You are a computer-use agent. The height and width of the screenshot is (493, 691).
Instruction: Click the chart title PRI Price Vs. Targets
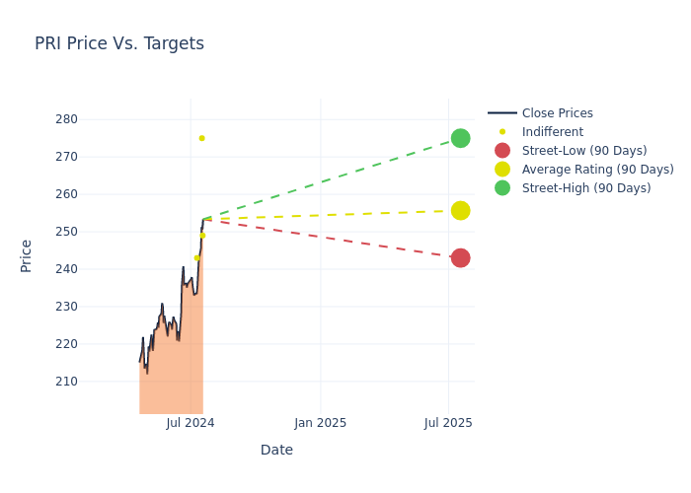click(119, 43)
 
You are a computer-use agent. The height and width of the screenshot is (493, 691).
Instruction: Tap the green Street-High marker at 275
click(460, 138)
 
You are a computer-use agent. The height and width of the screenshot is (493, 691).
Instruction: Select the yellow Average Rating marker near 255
click(460, 211)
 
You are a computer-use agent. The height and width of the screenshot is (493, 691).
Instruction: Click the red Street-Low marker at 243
click(460, 258)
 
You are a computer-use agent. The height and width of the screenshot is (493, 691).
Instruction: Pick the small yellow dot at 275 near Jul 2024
click(201, 138)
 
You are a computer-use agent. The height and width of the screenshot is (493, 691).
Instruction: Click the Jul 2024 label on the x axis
click(191, 423)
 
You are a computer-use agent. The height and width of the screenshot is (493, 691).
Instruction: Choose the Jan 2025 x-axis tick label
click(320, 423)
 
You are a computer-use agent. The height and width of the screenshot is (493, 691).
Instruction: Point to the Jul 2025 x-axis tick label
click(448, 423)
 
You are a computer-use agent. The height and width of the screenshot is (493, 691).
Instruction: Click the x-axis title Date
click(276, 451)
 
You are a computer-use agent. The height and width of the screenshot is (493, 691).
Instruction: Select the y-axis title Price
click(27, 255)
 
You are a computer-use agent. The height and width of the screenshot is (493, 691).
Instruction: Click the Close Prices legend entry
click(557, 113)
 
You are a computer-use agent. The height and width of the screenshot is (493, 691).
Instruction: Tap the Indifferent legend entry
click(552, 132)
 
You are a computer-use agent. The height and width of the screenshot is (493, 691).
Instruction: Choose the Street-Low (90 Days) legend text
click(584, 151)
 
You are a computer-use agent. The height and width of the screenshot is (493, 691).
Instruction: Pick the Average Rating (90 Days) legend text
click(597, 170)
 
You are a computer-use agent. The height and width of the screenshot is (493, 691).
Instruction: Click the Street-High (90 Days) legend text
click(586, 188)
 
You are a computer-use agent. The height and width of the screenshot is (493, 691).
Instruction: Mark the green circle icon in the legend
click(502, 188)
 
